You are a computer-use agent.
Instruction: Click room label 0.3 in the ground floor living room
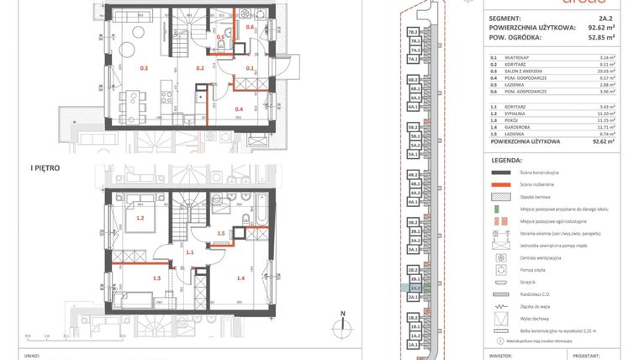click(144, 68)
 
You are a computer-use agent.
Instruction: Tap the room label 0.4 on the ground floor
click(239, 109)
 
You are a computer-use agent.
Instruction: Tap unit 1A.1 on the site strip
click(414, 346)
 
